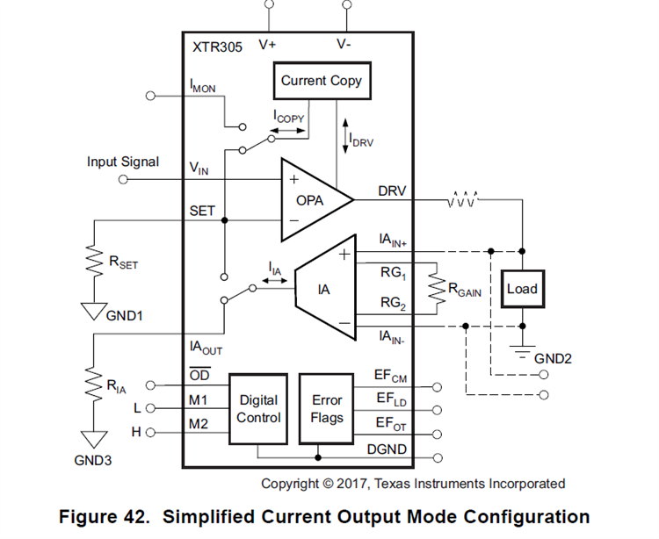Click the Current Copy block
point(321,81)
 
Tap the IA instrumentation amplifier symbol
point(323,288)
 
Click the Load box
point(521,289)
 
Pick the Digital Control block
point(258,409)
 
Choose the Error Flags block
point(327,409)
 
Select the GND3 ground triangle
point(91,437)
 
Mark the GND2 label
point(553,358)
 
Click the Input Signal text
point(123,162)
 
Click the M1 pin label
point(199,400)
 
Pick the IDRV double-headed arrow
point(345,132)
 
